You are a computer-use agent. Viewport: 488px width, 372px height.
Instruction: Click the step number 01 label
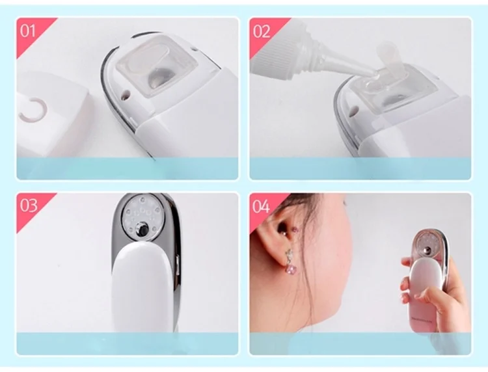coord(28,31)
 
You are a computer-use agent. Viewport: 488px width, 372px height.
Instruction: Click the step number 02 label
coord(262,32)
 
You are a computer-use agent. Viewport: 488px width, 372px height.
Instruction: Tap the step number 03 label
coord(29,206)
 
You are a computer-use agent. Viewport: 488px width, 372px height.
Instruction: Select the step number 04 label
coord(261,206)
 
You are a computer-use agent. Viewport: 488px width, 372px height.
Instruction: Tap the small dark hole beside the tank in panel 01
coord(126,94)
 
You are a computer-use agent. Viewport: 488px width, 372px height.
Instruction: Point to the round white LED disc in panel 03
coord(142,217)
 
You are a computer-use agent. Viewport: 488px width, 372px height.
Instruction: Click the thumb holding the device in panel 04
coord(431,295)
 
